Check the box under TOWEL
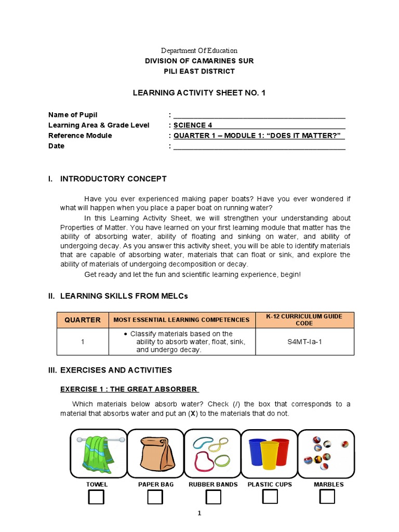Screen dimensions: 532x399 coord(96,497)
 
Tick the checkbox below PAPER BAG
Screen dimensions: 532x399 coord(155,497)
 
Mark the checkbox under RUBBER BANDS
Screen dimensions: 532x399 coord(213,497)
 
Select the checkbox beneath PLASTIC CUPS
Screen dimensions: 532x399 coord(270,497)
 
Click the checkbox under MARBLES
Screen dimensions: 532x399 coord(327,497)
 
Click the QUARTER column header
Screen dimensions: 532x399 coord(83,320)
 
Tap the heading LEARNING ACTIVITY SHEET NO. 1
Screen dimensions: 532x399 coord(199,92)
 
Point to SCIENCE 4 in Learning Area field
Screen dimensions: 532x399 coord(192,125)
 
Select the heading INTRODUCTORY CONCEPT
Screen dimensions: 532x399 coord(113,179)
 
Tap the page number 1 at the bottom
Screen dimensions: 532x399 coord(198,513)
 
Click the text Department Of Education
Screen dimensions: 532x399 coord(199,50)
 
